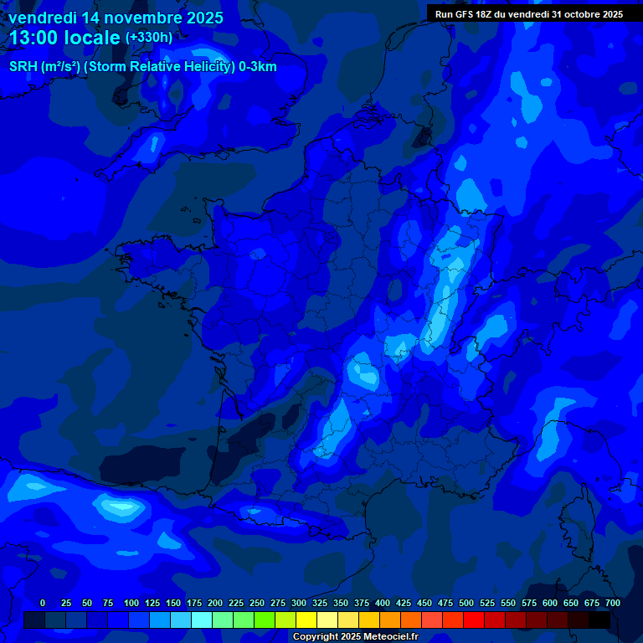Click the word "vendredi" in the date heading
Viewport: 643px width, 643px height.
(42, 18)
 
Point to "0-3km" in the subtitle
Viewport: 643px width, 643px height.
(258, 67)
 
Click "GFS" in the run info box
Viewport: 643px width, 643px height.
(468, 14)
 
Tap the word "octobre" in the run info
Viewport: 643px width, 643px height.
(576, 14)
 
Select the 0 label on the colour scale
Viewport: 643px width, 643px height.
(43, 603)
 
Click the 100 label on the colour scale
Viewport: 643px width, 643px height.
(131, 603)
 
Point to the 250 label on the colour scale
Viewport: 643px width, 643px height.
(257, 603)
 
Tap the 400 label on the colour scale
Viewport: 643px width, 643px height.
(383, 603)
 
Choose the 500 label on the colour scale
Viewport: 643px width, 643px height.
(466, 603)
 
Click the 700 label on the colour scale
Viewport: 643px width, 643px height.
(613, 603)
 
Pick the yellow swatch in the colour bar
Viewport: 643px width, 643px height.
(306, 620)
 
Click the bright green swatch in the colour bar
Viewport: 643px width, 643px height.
(265, 620)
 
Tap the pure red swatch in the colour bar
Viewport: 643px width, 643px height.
(474, 620)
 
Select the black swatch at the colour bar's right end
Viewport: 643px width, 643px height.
(599, 620)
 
